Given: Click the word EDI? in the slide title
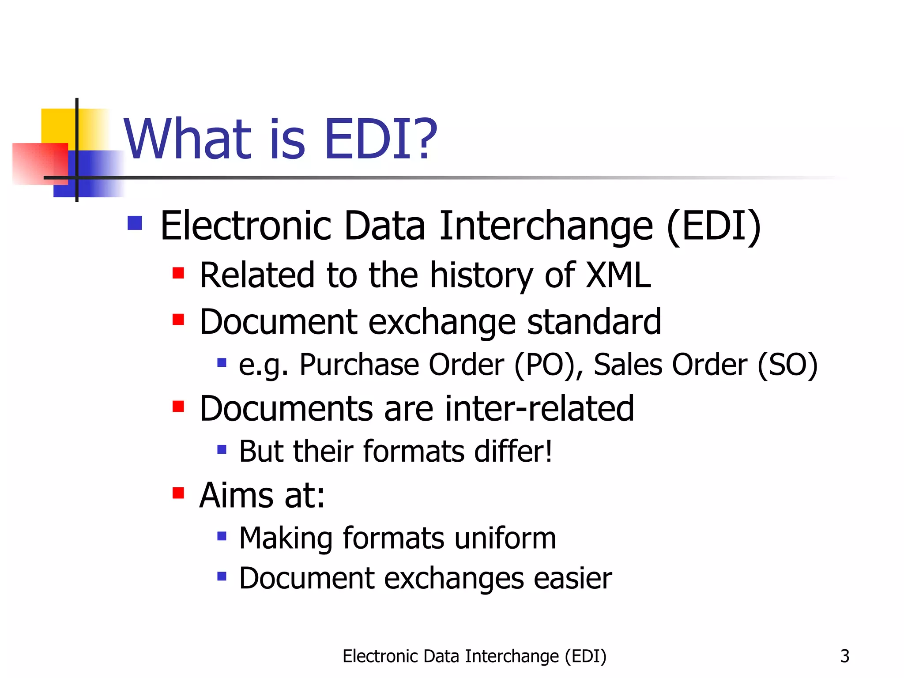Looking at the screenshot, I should click(x=380, y=139).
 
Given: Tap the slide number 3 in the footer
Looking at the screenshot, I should click(x=844, y=656).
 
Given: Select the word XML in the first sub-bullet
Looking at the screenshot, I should click(x=618, y=275).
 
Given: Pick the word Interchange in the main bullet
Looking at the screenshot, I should click(x=546, y=226).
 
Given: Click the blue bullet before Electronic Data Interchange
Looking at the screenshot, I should click(x=135, y=223).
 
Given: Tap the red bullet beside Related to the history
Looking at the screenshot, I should click(x=178, y=273).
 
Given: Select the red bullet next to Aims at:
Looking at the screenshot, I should click(x=178, y=493).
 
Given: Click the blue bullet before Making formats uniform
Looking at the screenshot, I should click(x=222, y=536).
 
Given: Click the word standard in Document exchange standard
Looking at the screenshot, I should click(x=594, y=322).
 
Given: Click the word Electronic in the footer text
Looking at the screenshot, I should click(x=380, y=656).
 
